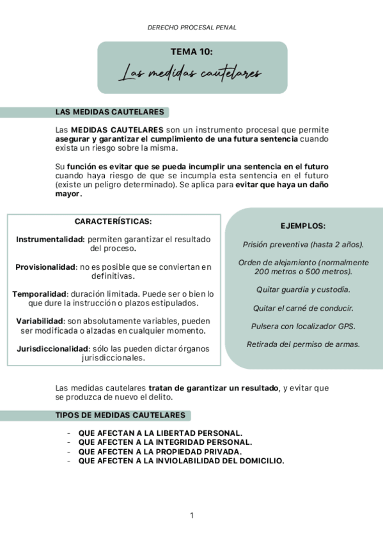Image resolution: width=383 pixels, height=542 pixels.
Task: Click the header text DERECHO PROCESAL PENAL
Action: coord(192,27)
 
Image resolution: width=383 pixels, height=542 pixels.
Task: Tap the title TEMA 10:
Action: coord(192,52)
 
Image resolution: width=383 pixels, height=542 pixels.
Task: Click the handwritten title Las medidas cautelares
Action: coord(192,74)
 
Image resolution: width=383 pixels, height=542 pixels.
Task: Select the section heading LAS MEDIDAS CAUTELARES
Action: coord(110,112)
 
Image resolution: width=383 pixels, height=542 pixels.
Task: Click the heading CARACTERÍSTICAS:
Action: coord(113,222)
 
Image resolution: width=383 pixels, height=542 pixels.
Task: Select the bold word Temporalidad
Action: coord(40,294)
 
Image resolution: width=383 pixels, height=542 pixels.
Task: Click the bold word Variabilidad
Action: coord(40,321)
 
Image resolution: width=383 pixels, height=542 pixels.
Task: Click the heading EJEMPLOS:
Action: coord(303,226)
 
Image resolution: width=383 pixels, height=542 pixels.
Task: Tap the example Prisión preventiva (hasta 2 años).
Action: coord(303,244)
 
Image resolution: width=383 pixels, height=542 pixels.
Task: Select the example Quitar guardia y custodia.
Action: coord(303,290)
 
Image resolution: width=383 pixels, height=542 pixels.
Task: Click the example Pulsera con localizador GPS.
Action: coord(303,326)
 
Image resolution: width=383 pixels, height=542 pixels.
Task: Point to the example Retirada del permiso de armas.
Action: coord(303,345)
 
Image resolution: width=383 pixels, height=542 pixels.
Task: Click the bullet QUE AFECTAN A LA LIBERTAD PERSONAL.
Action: coord(160,433)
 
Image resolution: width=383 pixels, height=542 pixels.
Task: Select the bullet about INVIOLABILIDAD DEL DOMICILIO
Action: coord(181,460)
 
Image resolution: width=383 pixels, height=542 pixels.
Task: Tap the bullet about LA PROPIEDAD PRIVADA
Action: coord(160,451)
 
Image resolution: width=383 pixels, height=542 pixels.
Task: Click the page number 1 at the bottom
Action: coord(192,515)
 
